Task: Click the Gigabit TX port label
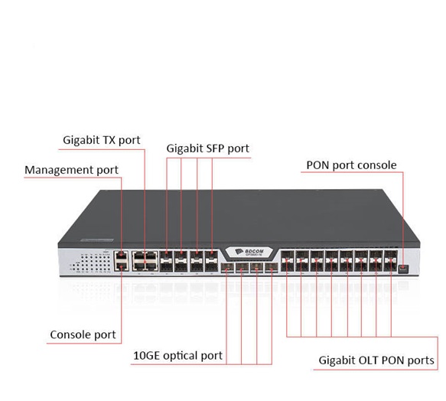point(102,140)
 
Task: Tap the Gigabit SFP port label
point(208,148)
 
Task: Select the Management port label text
point(71,170)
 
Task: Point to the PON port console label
point(351,165)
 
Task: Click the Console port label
point(83,334)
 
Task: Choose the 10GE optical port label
point(177,356)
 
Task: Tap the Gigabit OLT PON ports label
point(376,360)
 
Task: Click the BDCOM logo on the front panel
point(249,252)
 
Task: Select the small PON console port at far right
point(404,269)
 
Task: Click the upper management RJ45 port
point(121,256)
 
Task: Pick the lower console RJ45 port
point(121,266)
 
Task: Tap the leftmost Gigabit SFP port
point(167,261)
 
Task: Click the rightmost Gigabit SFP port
point(211,261)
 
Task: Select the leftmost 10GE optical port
point(227,268)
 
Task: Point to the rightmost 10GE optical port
point(272,268)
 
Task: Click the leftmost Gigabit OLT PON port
point(288,261)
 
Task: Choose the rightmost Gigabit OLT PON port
point(390,261)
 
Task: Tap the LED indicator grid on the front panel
point(90,263)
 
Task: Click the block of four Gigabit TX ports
point(145,261)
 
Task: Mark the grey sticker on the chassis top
point(96,240)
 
